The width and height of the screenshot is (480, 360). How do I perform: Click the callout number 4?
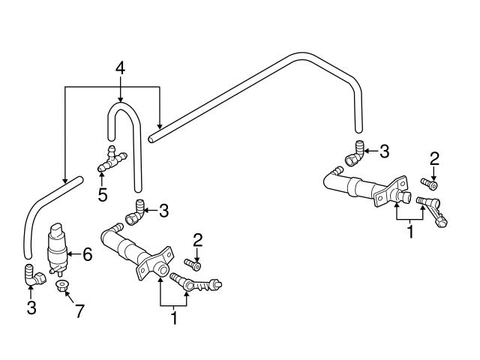(x=120, y=69)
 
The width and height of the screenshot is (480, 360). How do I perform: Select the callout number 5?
(x=103, y=194)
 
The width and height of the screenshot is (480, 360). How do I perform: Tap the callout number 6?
(x=87, y=255)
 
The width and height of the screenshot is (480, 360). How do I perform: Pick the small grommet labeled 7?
(x=63, y=284)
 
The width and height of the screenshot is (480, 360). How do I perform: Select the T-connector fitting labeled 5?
(x=111, y=158)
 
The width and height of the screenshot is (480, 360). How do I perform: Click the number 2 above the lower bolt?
(x=198, y=240)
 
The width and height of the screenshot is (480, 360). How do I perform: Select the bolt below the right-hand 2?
(x=430, y=182)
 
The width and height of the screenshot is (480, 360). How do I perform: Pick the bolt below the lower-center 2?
(x=193, y=263)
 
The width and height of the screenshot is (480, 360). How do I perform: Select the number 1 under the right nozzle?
(x=409, y=232)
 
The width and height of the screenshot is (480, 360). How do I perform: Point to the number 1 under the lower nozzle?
(x=174, y=317)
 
